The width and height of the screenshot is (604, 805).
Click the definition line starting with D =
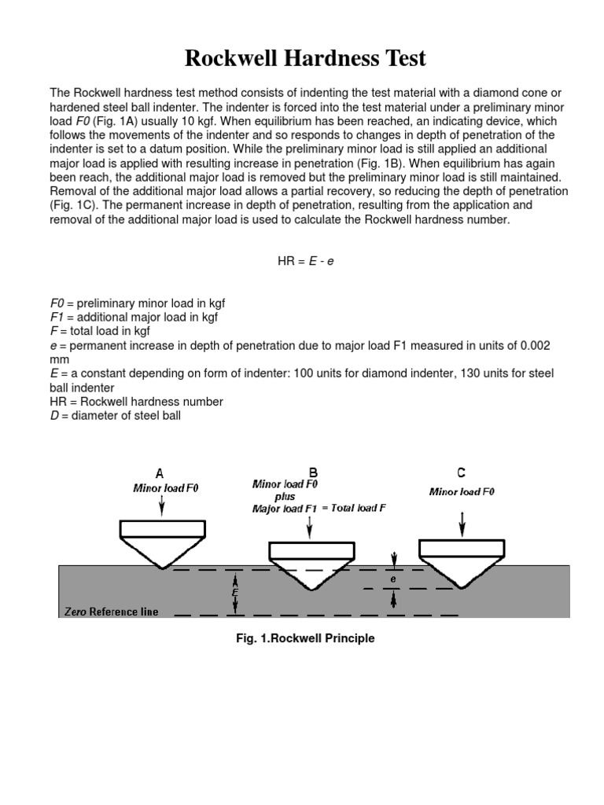click(115, 416)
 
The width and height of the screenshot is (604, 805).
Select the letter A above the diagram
click(160, 474)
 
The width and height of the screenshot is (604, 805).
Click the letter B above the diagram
click(313, 473)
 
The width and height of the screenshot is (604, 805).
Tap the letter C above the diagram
click(461, 473)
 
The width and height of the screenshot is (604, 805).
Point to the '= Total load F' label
click(354, 508)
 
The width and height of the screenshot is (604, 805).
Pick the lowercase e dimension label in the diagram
click(392, 579)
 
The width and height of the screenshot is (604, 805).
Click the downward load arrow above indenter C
click(462, 520)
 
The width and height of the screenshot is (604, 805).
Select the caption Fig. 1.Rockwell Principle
click(306, 639)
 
